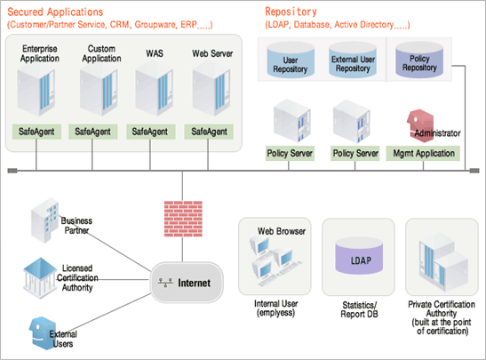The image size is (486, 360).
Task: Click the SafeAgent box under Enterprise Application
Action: pos(36,132)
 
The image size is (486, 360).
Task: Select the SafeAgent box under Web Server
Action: pos(209,132)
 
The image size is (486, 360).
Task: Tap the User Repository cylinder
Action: pos(291,60)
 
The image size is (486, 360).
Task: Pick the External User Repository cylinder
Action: pos(353,60)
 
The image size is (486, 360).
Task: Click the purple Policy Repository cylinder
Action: pos(419,60)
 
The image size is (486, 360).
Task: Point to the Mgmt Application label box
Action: pos(423,153)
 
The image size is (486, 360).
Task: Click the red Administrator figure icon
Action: pos(420,125)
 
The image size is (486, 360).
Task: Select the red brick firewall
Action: pos(183,219)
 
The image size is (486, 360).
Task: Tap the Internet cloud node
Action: pos(187,283)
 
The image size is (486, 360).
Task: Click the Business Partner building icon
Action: pos(45,220)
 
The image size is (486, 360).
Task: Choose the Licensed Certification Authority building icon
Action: pos(40,278)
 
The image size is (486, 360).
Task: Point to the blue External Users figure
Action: pos(43,333)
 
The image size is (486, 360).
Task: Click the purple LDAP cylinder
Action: pos(359,256)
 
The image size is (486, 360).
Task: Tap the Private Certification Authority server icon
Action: pos(442,262)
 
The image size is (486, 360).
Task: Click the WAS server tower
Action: pos(154,88)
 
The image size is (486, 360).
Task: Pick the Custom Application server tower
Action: pos(99,89)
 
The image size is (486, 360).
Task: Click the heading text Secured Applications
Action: pos(55,12)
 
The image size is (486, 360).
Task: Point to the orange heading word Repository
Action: pos(291,12)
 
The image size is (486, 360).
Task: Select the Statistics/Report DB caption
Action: pos(359,309)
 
